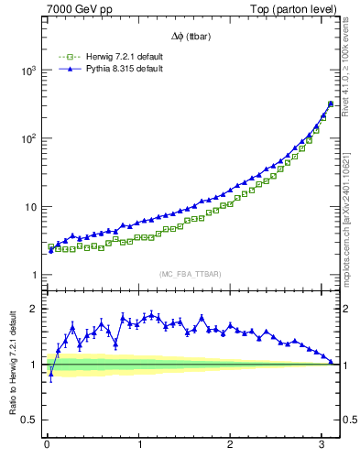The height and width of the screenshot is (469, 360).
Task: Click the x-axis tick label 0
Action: (x=47, y=445)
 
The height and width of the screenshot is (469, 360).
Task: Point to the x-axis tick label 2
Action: (x=231, y=445)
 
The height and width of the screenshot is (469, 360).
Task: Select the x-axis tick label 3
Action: (x=322, y=445)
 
